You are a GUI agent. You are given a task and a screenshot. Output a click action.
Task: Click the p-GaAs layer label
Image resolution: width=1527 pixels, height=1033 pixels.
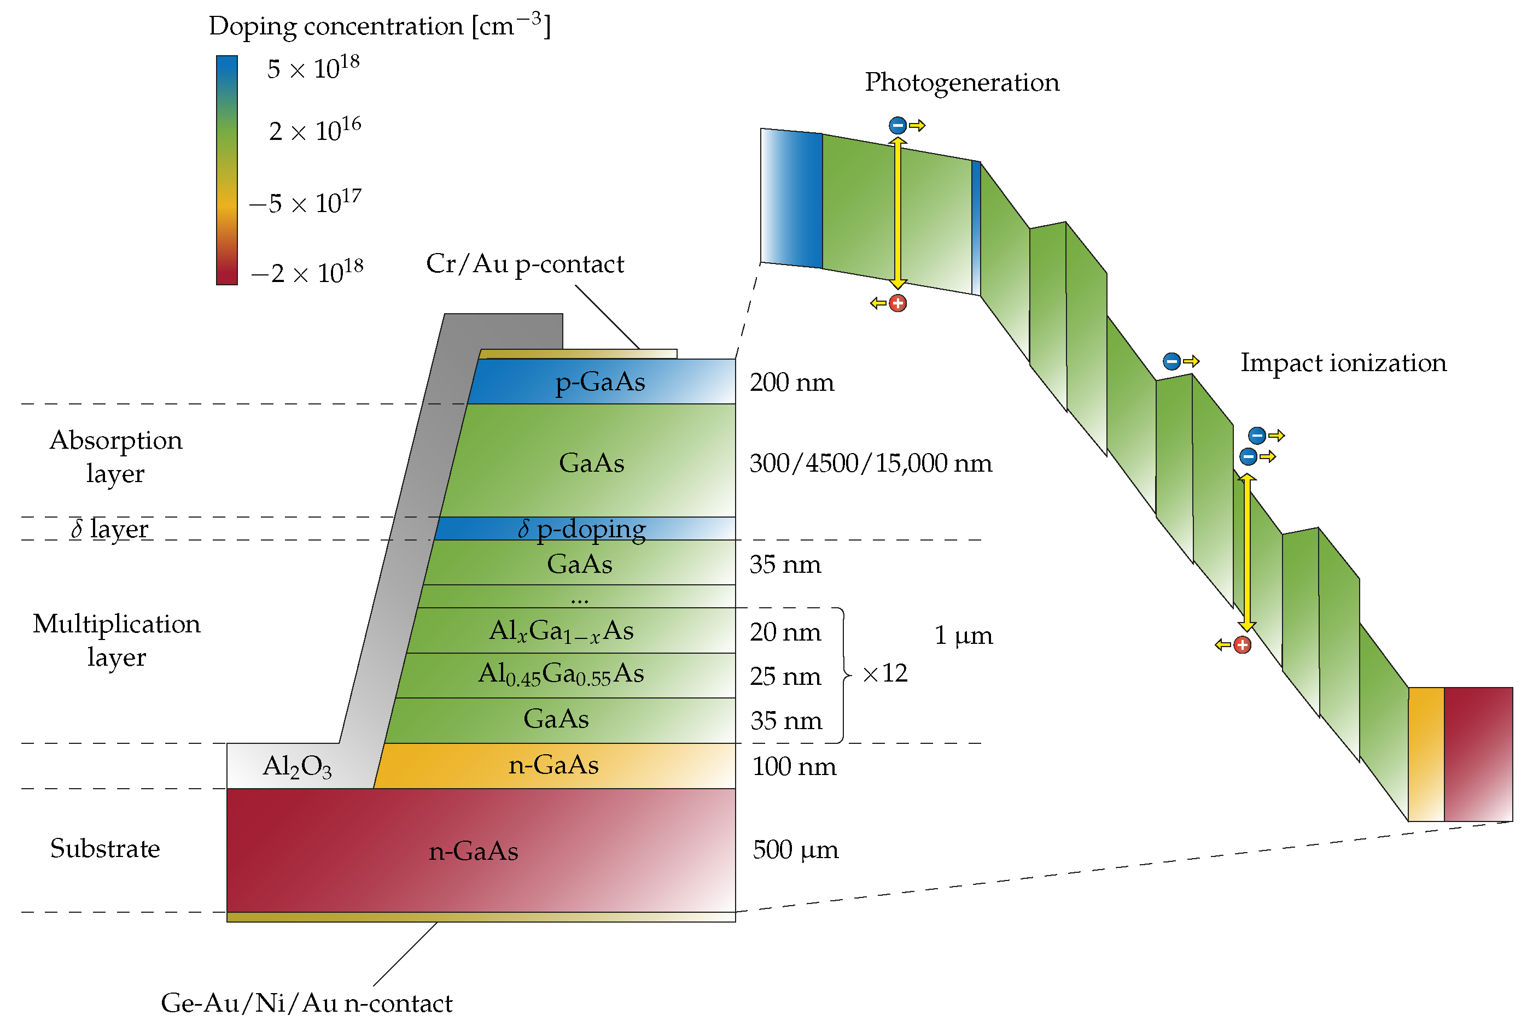coord(599,382)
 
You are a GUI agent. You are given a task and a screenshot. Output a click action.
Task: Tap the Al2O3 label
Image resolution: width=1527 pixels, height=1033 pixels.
coord(296,766)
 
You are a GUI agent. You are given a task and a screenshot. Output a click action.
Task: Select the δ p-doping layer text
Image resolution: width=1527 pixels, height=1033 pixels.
coord(581,529)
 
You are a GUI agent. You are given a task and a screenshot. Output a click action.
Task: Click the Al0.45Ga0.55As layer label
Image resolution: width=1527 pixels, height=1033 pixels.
coord(561,674)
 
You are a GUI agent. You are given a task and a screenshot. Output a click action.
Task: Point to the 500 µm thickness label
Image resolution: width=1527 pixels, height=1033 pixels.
coord(795,850)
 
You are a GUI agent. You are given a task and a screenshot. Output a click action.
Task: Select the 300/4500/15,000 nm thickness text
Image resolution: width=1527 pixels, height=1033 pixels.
coord(870,463)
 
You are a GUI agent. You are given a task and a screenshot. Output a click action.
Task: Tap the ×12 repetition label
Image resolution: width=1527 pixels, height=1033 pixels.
coord(884,674)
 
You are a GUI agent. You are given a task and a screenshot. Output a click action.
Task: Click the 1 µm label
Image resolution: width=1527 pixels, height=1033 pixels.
coord(963,636)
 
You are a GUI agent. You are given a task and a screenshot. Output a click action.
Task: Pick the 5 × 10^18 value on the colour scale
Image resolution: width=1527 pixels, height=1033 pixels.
coord(313,68)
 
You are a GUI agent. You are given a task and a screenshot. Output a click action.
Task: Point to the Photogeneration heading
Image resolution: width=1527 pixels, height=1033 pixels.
coord(961,83)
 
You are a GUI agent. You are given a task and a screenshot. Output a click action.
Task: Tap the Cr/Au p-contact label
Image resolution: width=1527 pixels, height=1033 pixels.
coord(524,264)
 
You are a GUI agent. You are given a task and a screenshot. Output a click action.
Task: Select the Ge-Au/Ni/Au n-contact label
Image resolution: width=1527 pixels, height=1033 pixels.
coord(306,1003)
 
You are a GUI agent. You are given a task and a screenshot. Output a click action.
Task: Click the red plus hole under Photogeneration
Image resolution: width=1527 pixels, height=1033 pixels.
coord(897,303)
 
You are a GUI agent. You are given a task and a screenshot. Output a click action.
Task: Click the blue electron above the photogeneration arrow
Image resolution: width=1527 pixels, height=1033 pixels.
coord(897,125)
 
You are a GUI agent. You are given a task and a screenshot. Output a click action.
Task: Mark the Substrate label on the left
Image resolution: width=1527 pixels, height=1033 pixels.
coord(105,848)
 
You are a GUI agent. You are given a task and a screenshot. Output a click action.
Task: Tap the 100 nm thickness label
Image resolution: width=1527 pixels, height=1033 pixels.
coord(794,767)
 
